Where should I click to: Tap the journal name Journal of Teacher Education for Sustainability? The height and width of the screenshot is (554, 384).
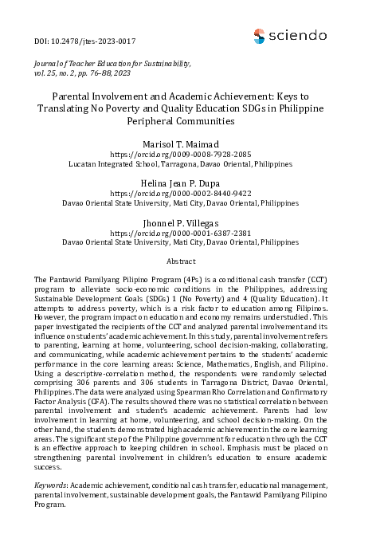112,61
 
